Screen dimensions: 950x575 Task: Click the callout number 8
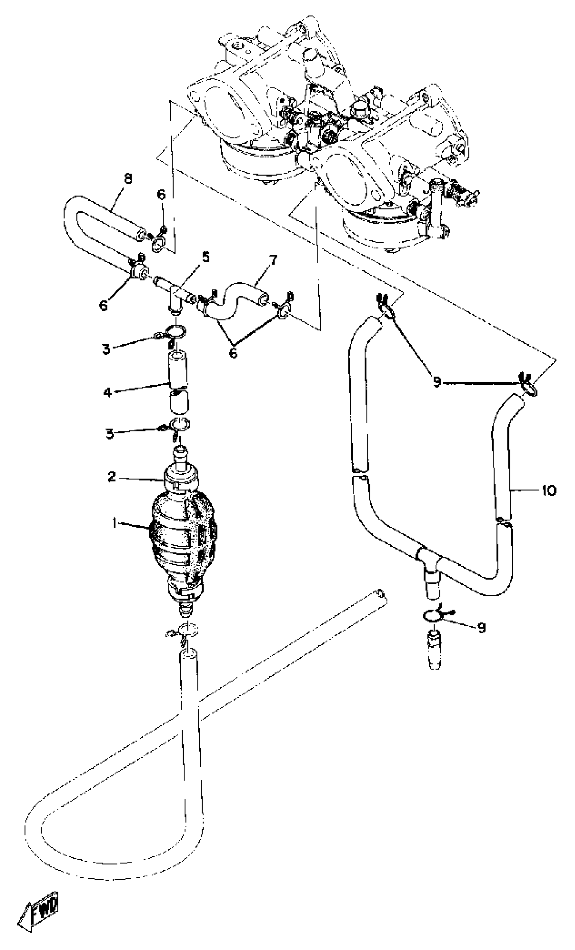pos(127,179)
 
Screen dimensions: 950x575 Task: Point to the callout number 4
pos(107,393)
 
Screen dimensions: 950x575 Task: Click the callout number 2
pos(112,477)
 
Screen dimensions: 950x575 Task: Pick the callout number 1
pos(114,523)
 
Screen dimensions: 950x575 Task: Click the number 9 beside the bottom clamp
pos(481,628)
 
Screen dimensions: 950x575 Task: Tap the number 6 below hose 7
pos(233,353)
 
